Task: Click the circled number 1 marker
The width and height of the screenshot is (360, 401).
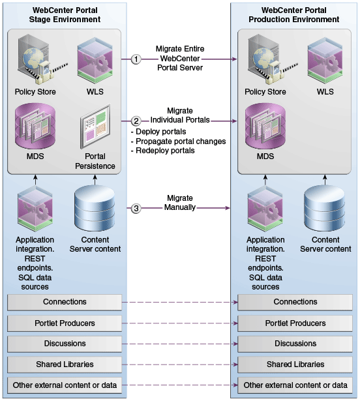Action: (x=136, y=59)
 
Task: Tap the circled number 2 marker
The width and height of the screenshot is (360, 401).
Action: (x=136, y=121)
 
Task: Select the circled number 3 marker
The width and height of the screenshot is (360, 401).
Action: (x=136, y=208)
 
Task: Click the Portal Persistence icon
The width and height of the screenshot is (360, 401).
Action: (x=95, y=126)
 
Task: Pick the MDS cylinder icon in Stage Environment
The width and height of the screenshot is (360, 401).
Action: (x=35, y=126)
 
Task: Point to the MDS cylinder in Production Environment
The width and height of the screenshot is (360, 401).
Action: (x=265, y=126)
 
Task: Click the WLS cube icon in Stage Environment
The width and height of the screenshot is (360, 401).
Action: (x=95, y=61)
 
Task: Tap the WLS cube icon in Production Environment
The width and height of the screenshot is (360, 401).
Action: (x=325, y=61)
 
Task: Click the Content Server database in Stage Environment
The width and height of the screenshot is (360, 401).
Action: (x=95, y=208)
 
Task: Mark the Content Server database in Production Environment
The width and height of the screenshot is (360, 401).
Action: (x=324, y=208)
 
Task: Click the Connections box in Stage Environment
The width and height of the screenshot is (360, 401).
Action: (x=65, y=303)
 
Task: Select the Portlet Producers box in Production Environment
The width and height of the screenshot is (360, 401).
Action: (x=295, y=323)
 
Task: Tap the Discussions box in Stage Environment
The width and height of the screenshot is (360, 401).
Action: (x=65, y=344)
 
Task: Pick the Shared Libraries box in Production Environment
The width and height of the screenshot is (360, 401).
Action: (x=295, y=364)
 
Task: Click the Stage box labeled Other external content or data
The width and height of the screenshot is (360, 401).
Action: (x=65, y=385)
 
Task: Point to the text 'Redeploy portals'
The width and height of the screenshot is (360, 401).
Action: (x=165, y=151)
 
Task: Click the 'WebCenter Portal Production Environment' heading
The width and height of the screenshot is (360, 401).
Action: (x=294, y=15)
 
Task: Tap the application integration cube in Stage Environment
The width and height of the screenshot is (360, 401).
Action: (x=35, y=209)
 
